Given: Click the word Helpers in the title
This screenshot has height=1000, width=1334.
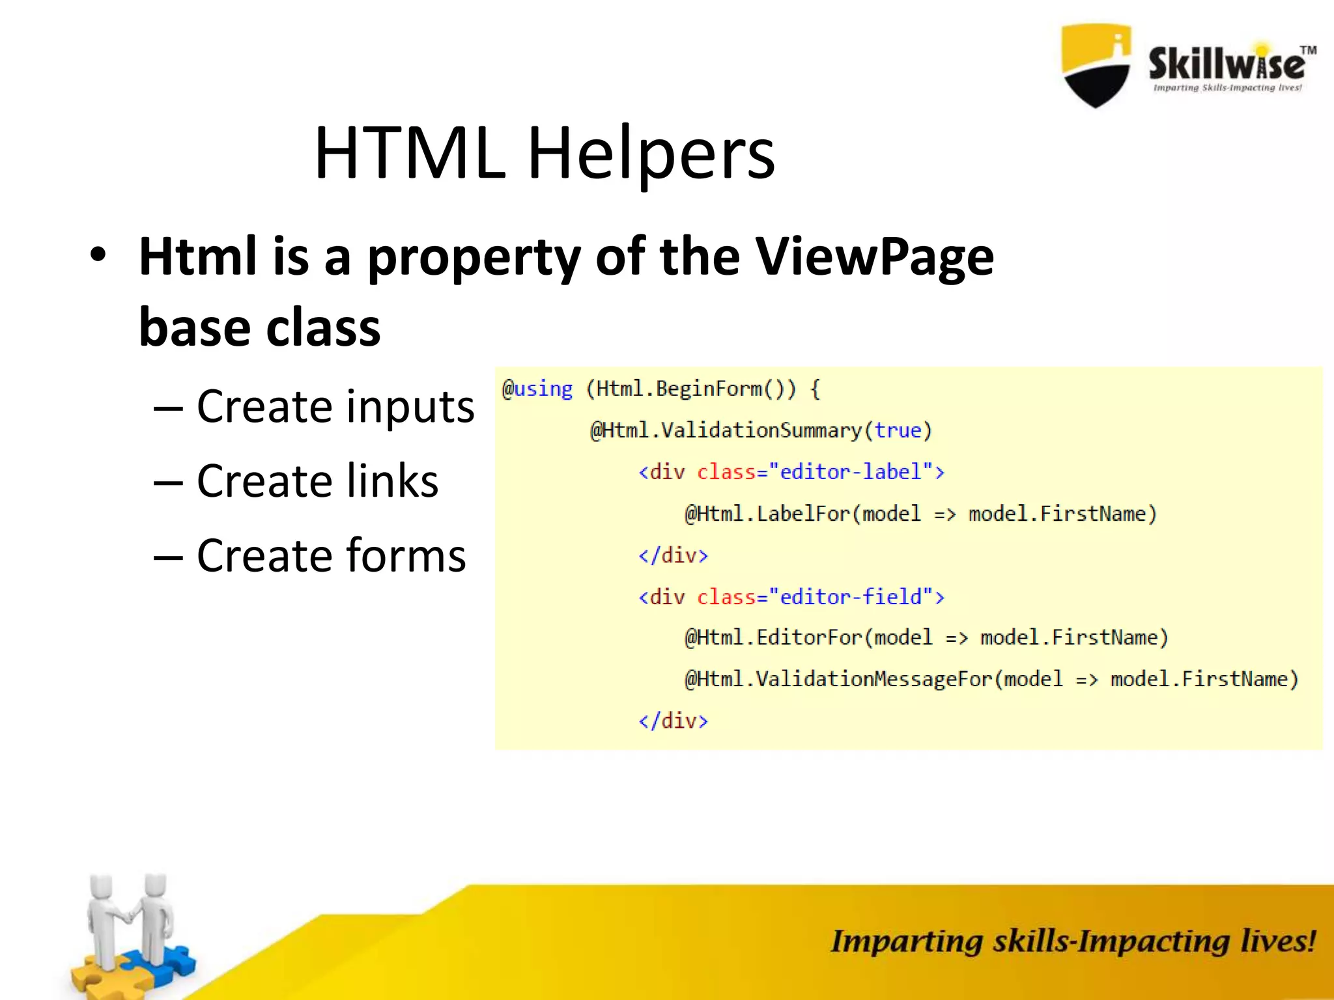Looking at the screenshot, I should point(651,154).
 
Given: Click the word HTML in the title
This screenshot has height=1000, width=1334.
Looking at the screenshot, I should point(409,154).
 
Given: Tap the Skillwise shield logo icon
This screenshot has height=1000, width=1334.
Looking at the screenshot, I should point(1096,65).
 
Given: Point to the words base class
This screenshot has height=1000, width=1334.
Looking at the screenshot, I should point(259,327).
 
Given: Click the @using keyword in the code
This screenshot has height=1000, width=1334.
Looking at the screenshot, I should point(537,389).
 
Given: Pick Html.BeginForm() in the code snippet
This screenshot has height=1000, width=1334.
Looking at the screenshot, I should point(690,389).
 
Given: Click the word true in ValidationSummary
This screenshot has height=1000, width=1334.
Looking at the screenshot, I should point(898,430).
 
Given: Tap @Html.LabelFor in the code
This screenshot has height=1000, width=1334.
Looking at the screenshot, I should point(767,514).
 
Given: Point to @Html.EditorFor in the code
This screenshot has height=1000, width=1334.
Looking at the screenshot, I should point(773,637).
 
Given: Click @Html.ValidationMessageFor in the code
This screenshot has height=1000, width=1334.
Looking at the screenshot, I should point(838,679).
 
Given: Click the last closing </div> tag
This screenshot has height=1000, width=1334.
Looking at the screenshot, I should point(673,721).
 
